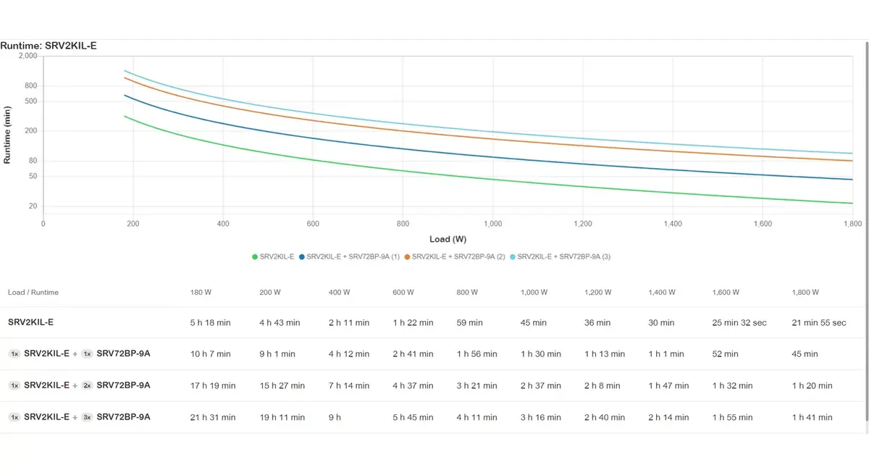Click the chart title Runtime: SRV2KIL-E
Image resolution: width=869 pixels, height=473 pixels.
click(x=49, y=46)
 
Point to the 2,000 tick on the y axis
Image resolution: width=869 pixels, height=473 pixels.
click(x=28, y=56)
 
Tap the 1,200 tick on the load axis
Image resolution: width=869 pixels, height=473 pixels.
click(x=583, y=224)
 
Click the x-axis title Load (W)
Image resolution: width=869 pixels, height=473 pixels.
click(x=448, y=239)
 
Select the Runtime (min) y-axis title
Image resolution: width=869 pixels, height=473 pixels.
click(x=7, y=135)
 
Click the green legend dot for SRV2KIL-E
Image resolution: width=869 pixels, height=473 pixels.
click(x=255, y=257)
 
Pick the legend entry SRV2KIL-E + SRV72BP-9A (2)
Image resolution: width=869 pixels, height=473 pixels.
click(x=455, y=257)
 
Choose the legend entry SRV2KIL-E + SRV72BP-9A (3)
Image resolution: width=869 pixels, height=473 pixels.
click(x=561, y=257)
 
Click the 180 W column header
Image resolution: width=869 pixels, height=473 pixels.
click(x=201, y=292)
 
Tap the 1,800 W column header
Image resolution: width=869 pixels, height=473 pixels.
click(x=805, y=292)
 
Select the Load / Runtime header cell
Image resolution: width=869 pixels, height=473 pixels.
click(x=33, y=292)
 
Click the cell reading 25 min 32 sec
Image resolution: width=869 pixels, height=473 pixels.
click(x=739, y=323)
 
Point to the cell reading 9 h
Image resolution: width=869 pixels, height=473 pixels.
click(x=335, y=417)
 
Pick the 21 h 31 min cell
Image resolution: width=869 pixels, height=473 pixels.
click(x=213, y=417)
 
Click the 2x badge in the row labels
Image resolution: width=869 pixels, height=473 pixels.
click(x=87, y=385)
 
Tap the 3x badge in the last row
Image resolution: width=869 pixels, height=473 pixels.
click(x=87, y=417)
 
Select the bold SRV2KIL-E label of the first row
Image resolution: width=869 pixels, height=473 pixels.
click(x=30, y=322)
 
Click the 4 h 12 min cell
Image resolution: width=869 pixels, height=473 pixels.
click(x=349, y=354)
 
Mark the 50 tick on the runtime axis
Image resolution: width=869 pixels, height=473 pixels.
click(x=33, y=176)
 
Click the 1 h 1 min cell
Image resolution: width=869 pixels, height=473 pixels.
click(x=666, y=354)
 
